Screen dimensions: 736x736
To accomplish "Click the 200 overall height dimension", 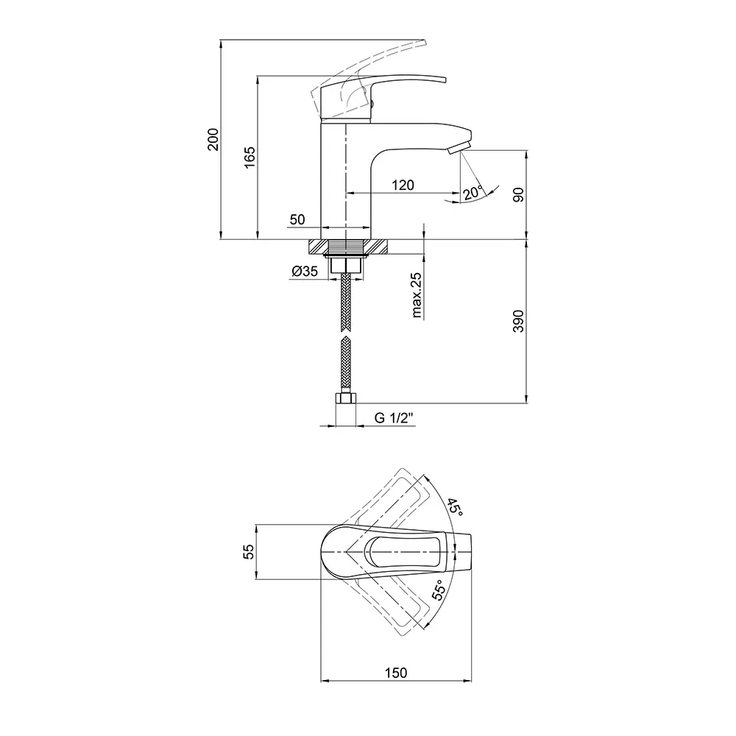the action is click(213, 139).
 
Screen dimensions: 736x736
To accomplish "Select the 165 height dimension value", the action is click(250, 158).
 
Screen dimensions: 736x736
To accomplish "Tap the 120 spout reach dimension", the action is click(403, 185).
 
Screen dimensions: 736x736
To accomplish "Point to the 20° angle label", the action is click(473, 193).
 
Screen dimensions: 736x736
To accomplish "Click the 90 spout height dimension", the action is click(518, 194).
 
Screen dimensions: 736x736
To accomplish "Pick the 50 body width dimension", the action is click(297, 219).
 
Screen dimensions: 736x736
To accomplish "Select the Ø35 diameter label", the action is click(305, 271).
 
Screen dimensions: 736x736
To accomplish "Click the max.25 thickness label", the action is click(417, 295).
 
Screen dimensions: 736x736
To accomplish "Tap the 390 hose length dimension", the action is click(518, 321).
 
